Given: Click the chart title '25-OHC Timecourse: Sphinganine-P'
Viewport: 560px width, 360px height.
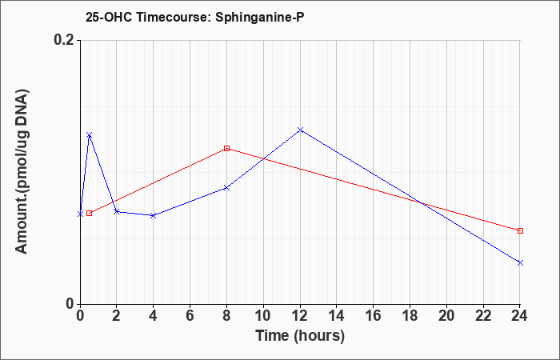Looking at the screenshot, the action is [x=194, y=17].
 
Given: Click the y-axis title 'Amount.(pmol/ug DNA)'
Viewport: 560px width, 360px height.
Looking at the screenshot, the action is [x=22, y=172].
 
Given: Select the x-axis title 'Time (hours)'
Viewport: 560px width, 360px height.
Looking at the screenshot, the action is [x=300, y=336].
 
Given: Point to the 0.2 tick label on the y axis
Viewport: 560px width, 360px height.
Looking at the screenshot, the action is [x=66, y=40].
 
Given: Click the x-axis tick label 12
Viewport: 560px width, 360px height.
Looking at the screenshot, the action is [x=300, y=316].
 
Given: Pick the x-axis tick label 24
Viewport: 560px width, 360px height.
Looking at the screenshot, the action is [x=519, y=316].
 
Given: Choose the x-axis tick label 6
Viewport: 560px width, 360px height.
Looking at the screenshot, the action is [x=190, y=316].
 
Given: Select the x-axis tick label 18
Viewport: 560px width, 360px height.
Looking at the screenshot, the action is [x=410, y=316].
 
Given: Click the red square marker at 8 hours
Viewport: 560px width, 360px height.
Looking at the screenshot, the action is [x=226, y=148].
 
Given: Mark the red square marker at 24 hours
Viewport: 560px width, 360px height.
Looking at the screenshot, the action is [x=520, y=230].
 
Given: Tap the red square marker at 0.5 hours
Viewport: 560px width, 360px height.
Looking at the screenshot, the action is [x=90, y=214].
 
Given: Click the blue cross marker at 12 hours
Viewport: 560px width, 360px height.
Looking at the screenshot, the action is [x=300, y=130].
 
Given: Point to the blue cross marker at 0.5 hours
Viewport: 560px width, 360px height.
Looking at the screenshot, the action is [x=90, y=135].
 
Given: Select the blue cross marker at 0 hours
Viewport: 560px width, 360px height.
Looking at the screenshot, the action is [x=80, y=214].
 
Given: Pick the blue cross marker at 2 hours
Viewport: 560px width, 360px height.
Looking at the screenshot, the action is [x=117, y=212].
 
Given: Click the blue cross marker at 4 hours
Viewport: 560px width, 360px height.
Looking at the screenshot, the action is [x=154, y=215].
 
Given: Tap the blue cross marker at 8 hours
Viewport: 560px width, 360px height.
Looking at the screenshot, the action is [x=226, y=187].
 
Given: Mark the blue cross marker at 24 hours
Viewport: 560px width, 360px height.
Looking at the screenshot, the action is [x=520, y=262].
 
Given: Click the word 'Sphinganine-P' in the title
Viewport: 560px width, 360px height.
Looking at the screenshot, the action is [x=260, y=17].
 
